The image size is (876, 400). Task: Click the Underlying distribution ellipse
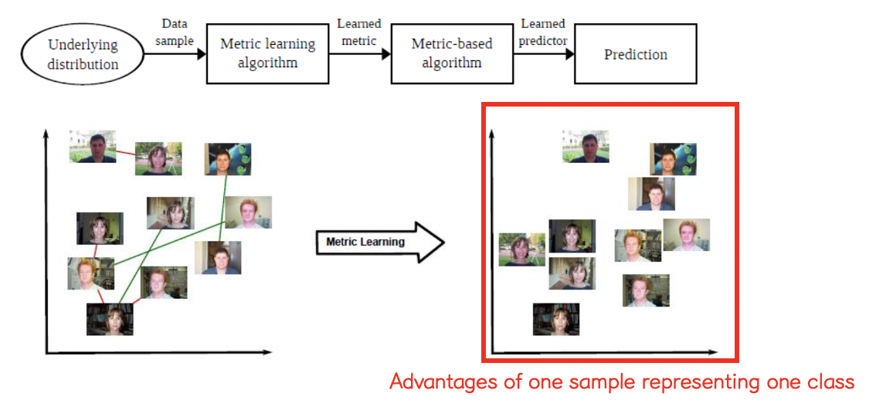click(x=83, y=54)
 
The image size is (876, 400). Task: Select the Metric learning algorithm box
click(x=268, y=53)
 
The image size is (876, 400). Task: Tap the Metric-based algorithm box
click(x=452, y=53)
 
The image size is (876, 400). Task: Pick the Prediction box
click(x=635, y=54)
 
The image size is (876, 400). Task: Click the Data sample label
click(x=175, y=32)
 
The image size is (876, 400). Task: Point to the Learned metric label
click(x=359, y=32)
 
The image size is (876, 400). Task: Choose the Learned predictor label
click(x=542, y=32)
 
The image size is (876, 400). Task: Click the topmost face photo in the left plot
click(x=92, y=146)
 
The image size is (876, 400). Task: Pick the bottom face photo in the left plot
click(x=109, y=319)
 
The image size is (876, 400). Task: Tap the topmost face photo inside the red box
click(x=585, y=146)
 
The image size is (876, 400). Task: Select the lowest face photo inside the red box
click(x=555, y=319)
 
